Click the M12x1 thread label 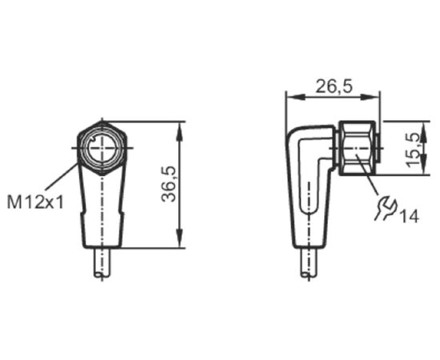tap(36, 202)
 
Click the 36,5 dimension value tap(169, 184)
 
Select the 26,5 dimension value tap(334, 86)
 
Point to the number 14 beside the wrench tap(409, 216)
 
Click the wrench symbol tap(386, 208)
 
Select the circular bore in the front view tap(102, 148)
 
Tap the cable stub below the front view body tap(102, 263)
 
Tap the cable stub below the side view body tap(309, 263)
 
